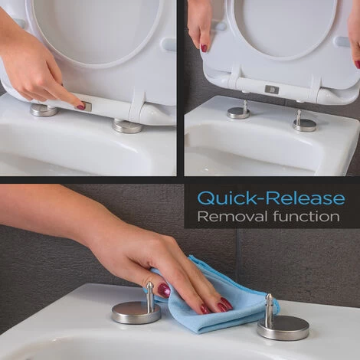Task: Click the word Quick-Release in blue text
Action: click(271, 198)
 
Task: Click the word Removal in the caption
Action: click(233, 216)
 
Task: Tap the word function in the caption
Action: click(306, 216)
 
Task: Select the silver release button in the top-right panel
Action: click(271, 89)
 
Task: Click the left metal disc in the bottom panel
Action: click(136, 312)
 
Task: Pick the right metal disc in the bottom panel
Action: click(283, 328)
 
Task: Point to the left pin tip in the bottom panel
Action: click(149, 285)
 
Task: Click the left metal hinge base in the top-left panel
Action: click(44, 110)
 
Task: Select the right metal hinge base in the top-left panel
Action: click(127, 126)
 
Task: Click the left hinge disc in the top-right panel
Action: click(238, 113)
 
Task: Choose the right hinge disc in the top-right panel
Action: click(304, 125)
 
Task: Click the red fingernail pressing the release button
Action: click(81, 106)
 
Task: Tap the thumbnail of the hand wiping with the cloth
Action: click(164, 290)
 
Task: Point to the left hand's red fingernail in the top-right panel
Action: click(204, 48)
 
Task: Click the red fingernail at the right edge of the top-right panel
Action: click(357, 64)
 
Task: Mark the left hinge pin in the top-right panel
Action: click(245, 107)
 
